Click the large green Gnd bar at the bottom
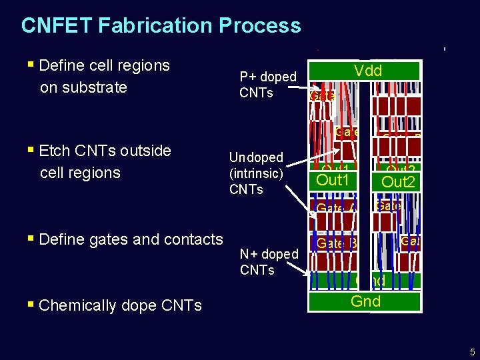[365, 301]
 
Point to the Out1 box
[333, 181]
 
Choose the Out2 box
[398, 181]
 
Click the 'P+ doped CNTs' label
[267, 85]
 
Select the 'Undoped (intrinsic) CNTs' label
[256, 173]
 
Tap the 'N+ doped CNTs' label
[269, 262]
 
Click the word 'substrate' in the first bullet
[83, 87]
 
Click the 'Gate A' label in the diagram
[335, 209]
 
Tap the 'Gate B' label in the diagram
[337, 244]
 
